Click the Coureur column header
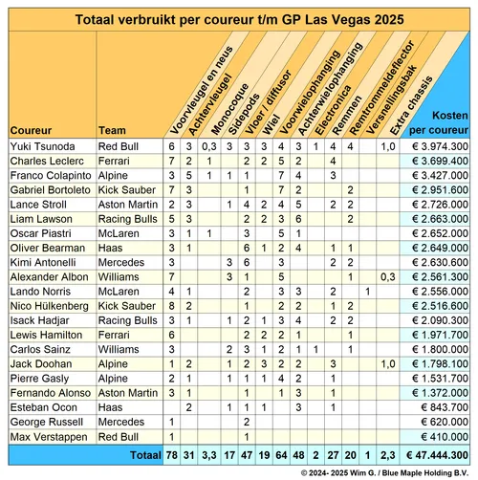click(x=31, y=129)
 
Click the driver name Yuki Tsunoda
click(x=41, y=146)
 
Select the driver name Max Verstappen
click(x=43, y=436)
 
